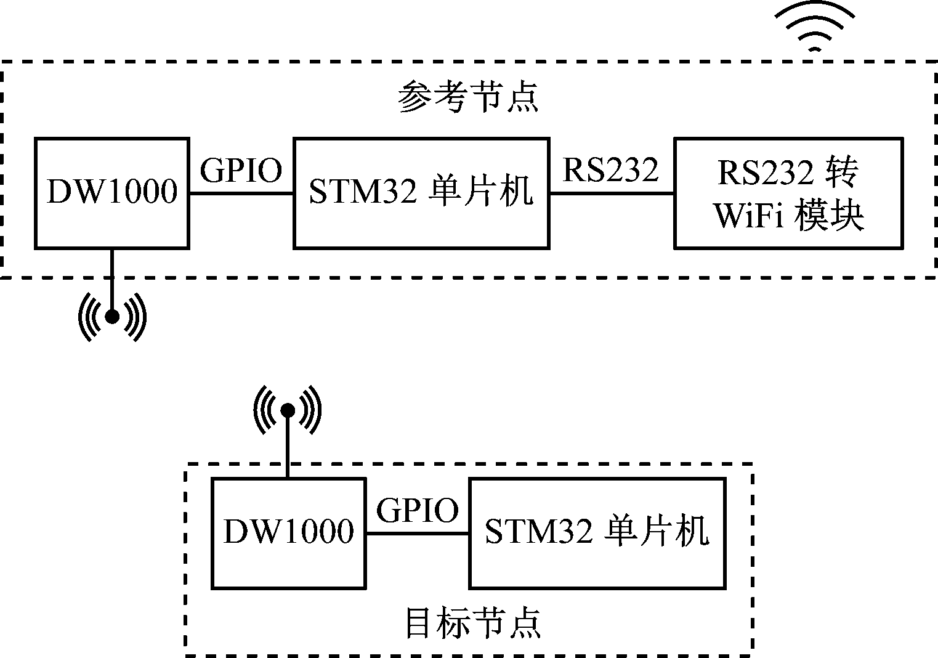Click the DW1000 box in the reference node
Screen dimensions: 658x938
pos(111,193)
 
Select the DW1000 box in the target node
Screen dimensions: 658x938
pos(288,532)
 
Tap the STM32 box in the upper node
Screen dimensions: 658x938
pos(421,193)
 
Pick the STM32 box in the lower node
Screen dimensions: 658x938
pos(597,532)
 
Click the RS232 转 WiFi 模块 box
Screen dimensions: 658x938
pos(789,193)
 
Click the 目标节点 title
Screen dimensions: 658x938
pos(473,623)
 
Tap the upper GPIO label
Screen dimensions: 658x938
pos(241,171)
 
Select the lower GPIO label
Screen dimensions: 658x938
pos(418,510)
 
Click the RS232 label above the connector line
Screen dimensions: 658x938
pos(611,170)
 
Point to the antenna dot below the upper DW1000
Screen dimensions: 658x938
pos(112,317)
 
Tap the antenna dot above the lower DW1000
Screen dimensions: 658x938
pos(288,410)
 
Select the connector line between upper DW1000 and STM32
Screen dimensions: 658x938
pos(241,193)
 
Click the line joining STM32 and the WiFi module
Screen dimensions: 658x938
pos(612,193)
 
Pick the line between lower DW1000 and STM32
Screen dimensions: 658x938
pos(418,534)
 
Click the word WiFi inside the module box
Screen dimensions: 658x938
pos(749,216)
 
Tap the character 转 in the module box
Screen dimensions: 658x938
pos(841,174)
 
